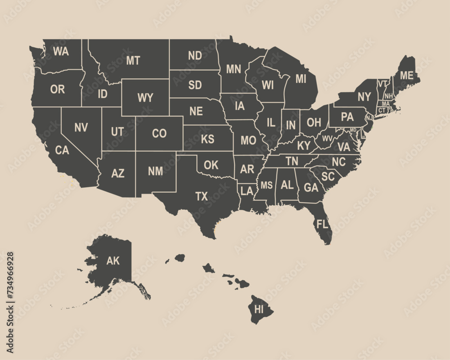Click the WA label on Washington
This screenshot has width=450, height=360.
point(61,51)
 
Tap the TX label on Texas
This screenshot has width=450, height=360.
point(202,196)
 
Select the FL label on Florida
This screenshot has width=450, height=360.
point(322,224)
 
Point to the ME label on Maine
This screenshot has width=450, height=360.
point(406,75)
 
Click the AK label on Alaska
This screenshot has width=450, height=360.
point(113,261)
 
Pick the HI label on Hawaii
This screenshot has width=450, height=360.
point(259,309)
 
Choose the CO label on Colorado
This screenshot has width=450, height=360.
point(159,134)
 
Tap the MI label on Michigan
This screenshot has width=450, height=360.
point(301,79)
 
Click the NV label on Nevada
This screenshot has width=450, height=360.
point(81,127)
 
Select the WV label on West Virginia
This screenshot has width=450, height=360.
point(327,138)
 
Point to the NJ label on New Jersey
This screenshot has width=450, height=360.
point(369,117)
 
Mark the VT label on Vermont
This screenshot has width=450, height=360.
point(382,83)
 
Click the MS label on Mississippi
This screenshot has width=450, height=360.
point(267,185)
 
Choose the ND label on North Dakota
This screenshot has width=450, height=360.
point(195,56)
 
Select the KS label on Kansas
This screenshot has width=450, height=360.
point(207,139)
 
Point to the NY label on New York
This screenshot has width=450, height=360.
point(364,97)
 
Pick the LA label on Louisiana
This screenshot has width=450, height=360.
point(247,191)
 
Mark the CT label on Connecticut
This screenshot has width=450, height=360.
point(382,110)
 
